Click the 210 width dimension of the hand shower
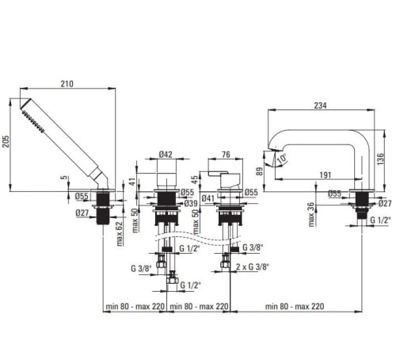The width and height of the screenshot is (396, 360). (x=67, y=84)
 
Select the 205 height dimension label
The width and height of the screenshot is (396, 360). (x=6, y=141)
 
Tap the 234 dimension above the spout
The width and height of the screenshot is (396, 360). (x=320, y=105)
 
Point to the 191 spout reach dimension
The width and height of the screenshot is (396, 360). (x=326, y=175)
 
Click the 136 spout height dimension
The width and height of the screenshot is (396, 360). (x=380, y=159)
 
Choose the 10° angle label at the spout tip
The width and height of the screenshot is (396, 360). (x=282, y=159)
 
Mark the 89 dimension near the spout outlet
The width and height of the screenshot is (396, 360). (x=260, y=171)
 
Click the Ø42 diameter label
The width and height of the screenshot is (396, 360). (x=166, y=155)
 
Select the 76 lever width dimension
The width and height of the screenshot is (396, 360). (x=226, y=155)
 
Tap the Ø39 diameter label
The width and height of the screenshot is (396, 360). (x=191, y=203)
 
